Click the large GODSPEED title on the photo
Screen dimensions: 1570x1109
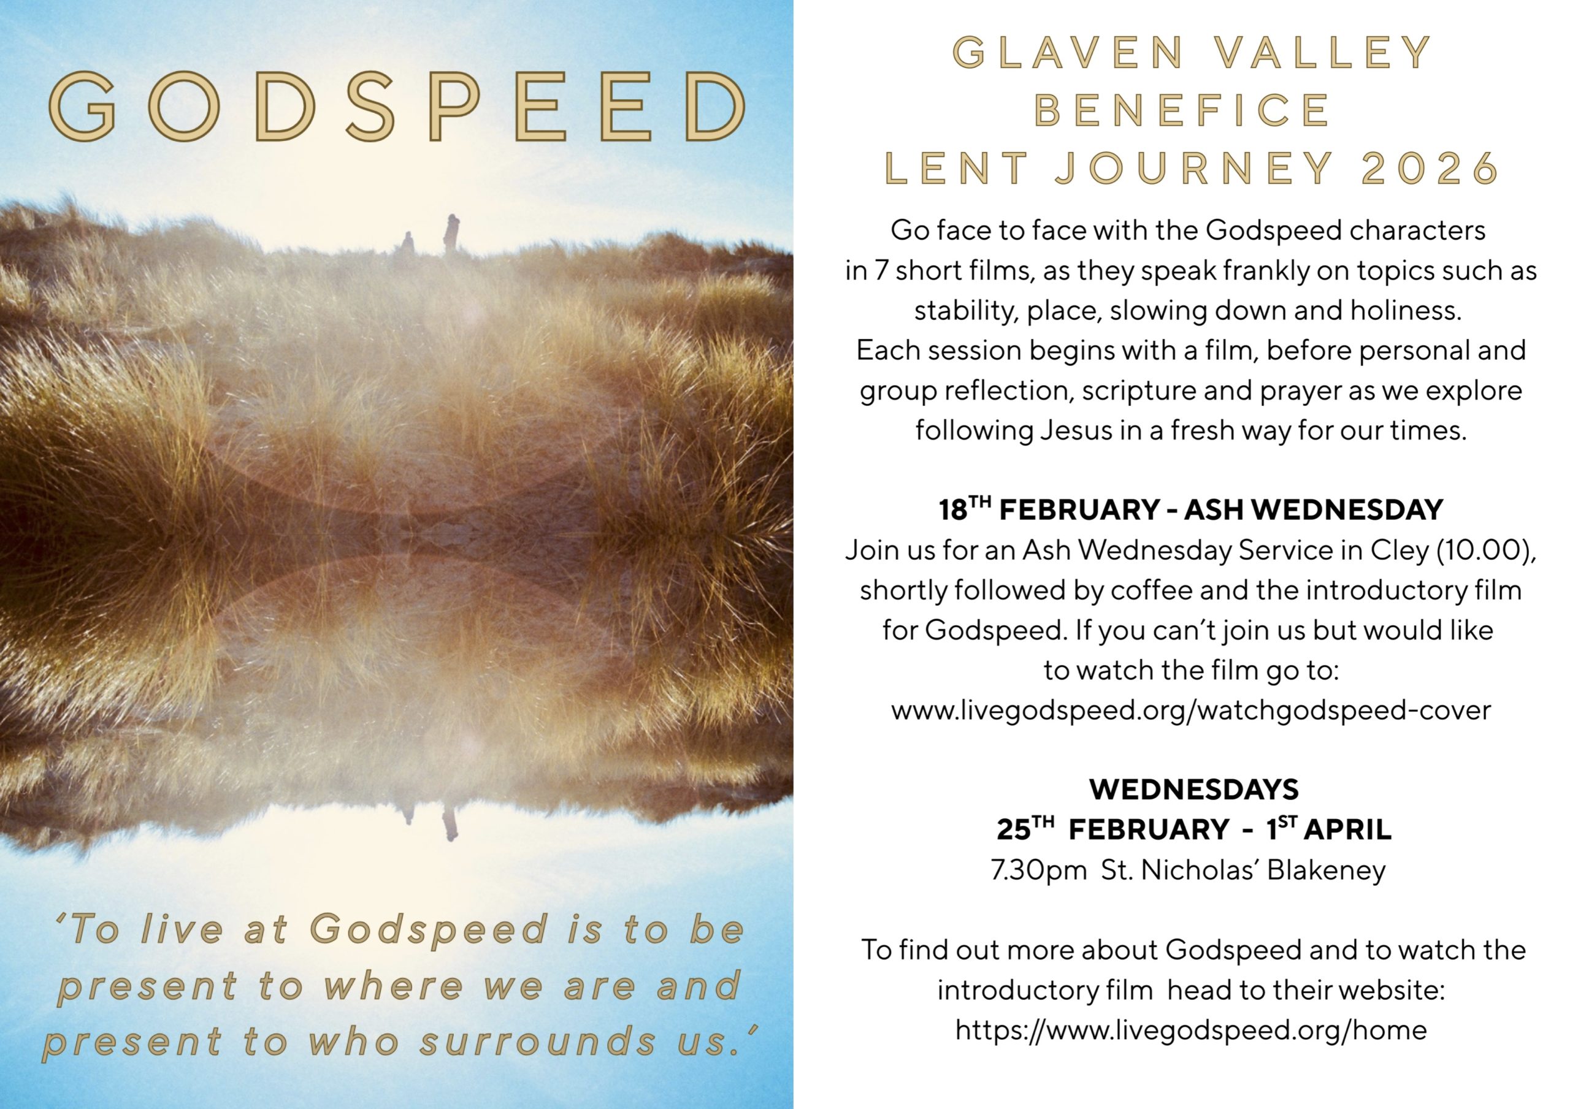click(397, 107)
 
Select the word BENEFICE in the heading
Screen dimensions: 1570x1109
click(1182, 111)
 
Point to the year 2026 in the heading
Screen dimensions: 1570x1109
click(1431, 168)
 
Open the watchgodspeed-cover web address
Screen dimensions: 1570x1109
click(1190, 711)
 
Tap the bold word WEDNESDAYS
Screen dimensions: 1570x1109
click(1193, 790)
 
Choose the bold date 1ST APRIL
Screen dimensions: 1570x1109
click(1328, 829)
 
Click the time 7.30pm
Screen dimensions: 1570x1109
click(1039, 871)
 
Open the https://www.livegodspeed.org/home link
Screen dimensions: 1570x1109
click(1190, 1031)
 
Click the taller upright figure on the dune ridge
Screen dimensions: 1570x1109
click(451, 235)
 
